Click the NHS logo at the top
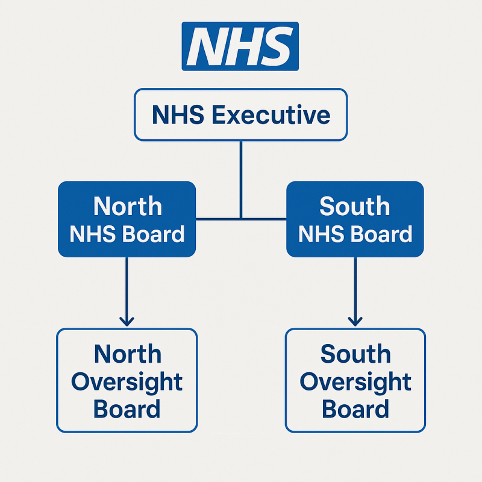[x=240, y=46]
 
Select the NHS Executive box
[x=240, y=114]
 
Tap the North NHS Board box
[x=127, y=220]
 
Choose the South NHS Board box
[x=355, y=220]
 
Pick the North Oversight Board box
[x=127, y=380]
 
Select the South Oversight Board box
[x=355, y=380]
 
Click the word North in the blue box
[x=127, y=207]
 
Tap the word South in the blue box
[x=355, y=207]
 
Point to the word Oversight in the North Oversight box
[x=127, y=381]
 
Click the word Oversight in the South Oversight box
[x=355, y=381]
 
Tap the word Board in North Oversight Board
[x=127, y=410]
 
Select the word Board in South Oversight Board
[x=355, y=410]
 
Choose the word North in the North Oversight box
[x=128, y=354]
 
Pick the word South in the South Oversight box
[x=355, y=354]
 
